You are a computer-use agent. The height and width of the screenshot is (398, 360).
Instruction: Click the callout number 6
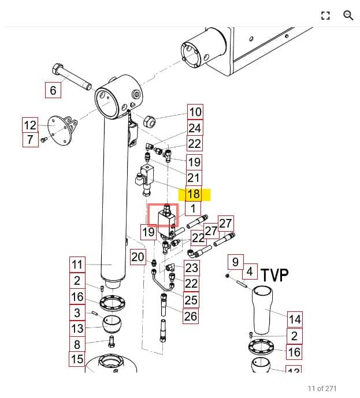[53, 90]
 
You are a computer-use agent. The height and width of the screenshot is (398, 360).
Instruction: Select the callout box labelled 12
[30, 125]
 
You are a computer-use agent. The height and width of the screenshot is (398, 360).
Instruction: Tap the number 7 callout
[30, 139]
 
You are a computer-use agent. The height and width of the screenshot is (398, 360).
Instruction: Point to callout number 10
[195, 112]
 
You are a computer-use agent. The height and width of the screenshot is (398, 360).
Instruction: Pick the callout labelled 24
[195, 128]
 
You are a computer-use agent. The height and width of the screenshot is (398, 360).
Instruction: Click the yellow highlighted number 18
[193, 194]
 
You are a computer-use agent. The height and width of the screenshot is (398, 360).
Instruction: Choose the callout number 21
[193, 178]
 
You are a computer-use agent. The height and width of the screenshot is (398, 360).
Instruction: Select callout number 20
[138, 257]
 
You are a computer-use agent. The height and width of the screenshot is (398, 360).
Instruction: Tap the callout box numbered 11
[77, 265]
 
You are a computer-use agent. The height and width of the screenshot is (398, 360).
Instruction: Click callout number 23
[191, 267]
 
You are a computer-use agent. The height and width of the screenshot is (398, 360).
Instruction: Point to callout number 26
[190, 315]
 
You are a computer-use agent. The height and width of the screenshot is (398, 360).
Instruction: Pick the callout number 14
[295, 319]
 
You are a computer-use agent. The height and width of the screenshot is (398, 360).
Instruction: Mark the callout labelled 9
[235, 262]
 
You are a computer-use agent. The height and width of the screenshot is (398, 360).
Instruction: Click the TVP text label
[274, 275]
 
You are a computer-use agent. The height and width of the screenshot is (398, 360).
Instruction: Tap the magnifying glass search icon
[348, 16]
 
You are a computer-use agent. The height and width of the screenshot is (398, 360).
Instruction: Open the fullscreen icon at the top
[325, 16]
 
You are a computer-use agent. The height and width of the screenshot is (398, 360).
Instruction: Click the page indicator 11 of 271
[322, 388]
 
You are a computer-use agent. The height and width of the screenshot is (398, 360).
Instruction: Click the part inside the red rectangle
[162, 215]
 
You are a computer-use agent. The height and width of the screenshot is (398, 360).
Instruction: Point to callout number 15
[77, 359]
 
